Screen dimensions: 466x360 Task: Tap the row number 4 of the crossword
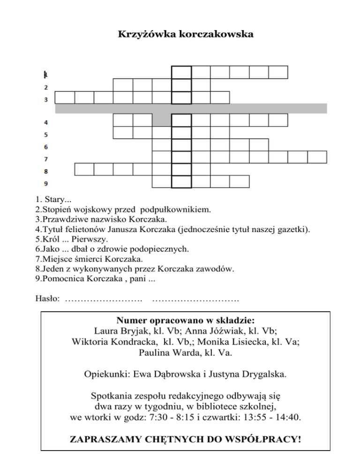[46, 123]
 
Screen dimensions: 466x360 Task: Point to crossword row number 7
[46, 159]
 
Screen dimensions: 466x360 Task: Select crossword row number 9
[46, 183]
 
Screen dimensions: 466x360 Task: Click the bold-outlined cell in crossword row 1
[181, 73]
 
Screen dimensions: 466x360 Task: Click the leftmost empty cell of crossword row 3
[65, 97]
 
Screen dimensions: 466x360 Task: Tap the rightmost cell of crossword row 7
[317, 157]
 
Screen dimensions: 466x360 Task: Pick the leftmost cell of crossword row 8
[84, 169]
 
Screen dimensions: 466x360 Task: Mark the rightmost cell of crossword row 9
[240, 180]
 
